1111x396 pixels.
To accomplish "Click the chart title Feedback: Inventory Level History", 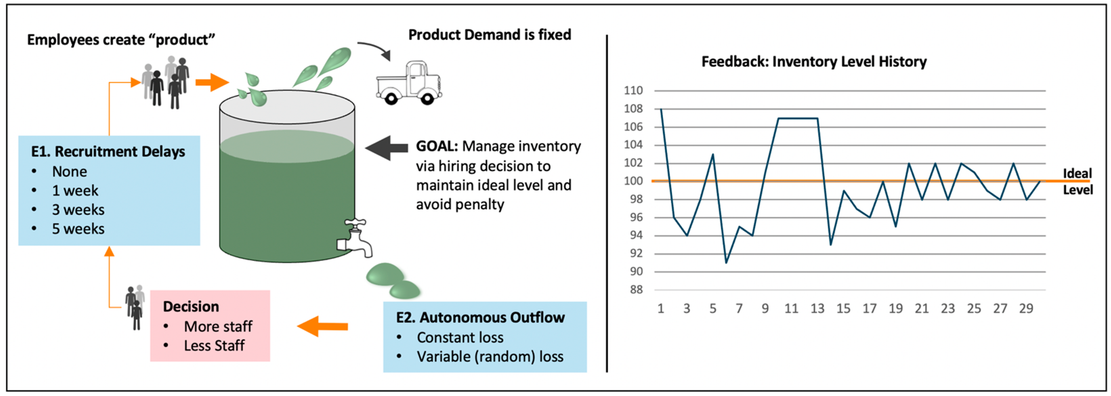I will coord(814,62).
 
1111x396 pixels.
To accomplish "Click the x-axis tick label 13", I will coord(817,309).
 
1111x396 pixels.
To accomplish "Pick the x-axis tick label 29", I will coord(1026,309).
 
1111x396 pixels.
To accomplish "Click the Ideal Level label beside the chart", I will coord(1077,181).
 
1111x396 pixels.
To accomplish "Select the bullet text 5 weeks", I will coord(78,229).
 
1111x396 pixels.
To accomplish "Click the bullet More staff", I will coord(218,327).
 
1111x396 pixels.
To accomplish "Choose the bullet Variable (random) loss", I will coord(490,357).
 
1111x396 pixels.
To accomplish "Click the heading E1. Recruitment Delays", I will coord(108,152).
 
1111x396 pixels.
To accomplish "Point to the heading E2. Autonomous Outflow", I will coord(480,318).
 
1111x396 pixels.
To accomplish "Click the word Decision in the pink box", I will coord(191,306).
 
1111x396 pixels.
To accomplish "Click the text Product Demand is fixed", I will coord(490,35).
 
